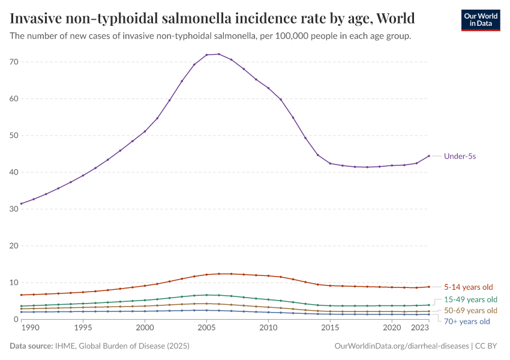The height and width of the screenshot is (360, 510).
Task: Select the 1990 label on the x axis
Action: pos(22,328)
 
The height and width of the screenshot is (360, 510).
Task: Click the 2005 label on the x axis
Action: pos(207,328)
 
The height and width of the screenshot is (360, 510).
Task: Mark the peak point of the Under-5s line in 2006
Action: pos(219,54)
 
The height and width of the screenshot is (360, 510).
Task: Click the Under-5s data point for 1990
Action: pos(22,203)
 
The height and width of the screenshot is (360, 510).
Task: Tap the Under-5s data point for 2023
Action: pos(429,156)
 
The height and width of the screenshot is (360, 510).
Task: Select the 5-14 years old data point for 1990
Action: pos(22,295)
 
